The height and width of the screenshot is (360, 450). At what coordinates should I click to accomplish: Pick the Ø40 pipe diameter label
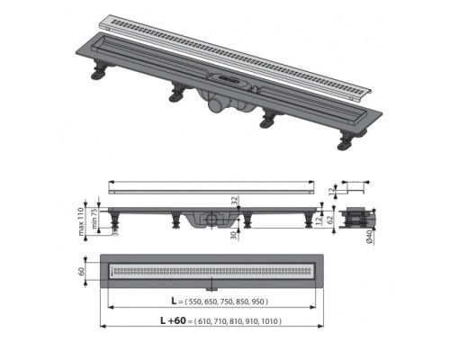[x=370, y=236]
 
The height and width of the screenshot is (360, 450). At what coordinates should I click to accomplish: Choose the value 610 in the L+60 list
[x=206, y=321]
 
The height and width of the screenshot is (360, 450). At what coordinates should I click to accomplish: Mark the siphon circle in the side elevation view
[x=210, y=219]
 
